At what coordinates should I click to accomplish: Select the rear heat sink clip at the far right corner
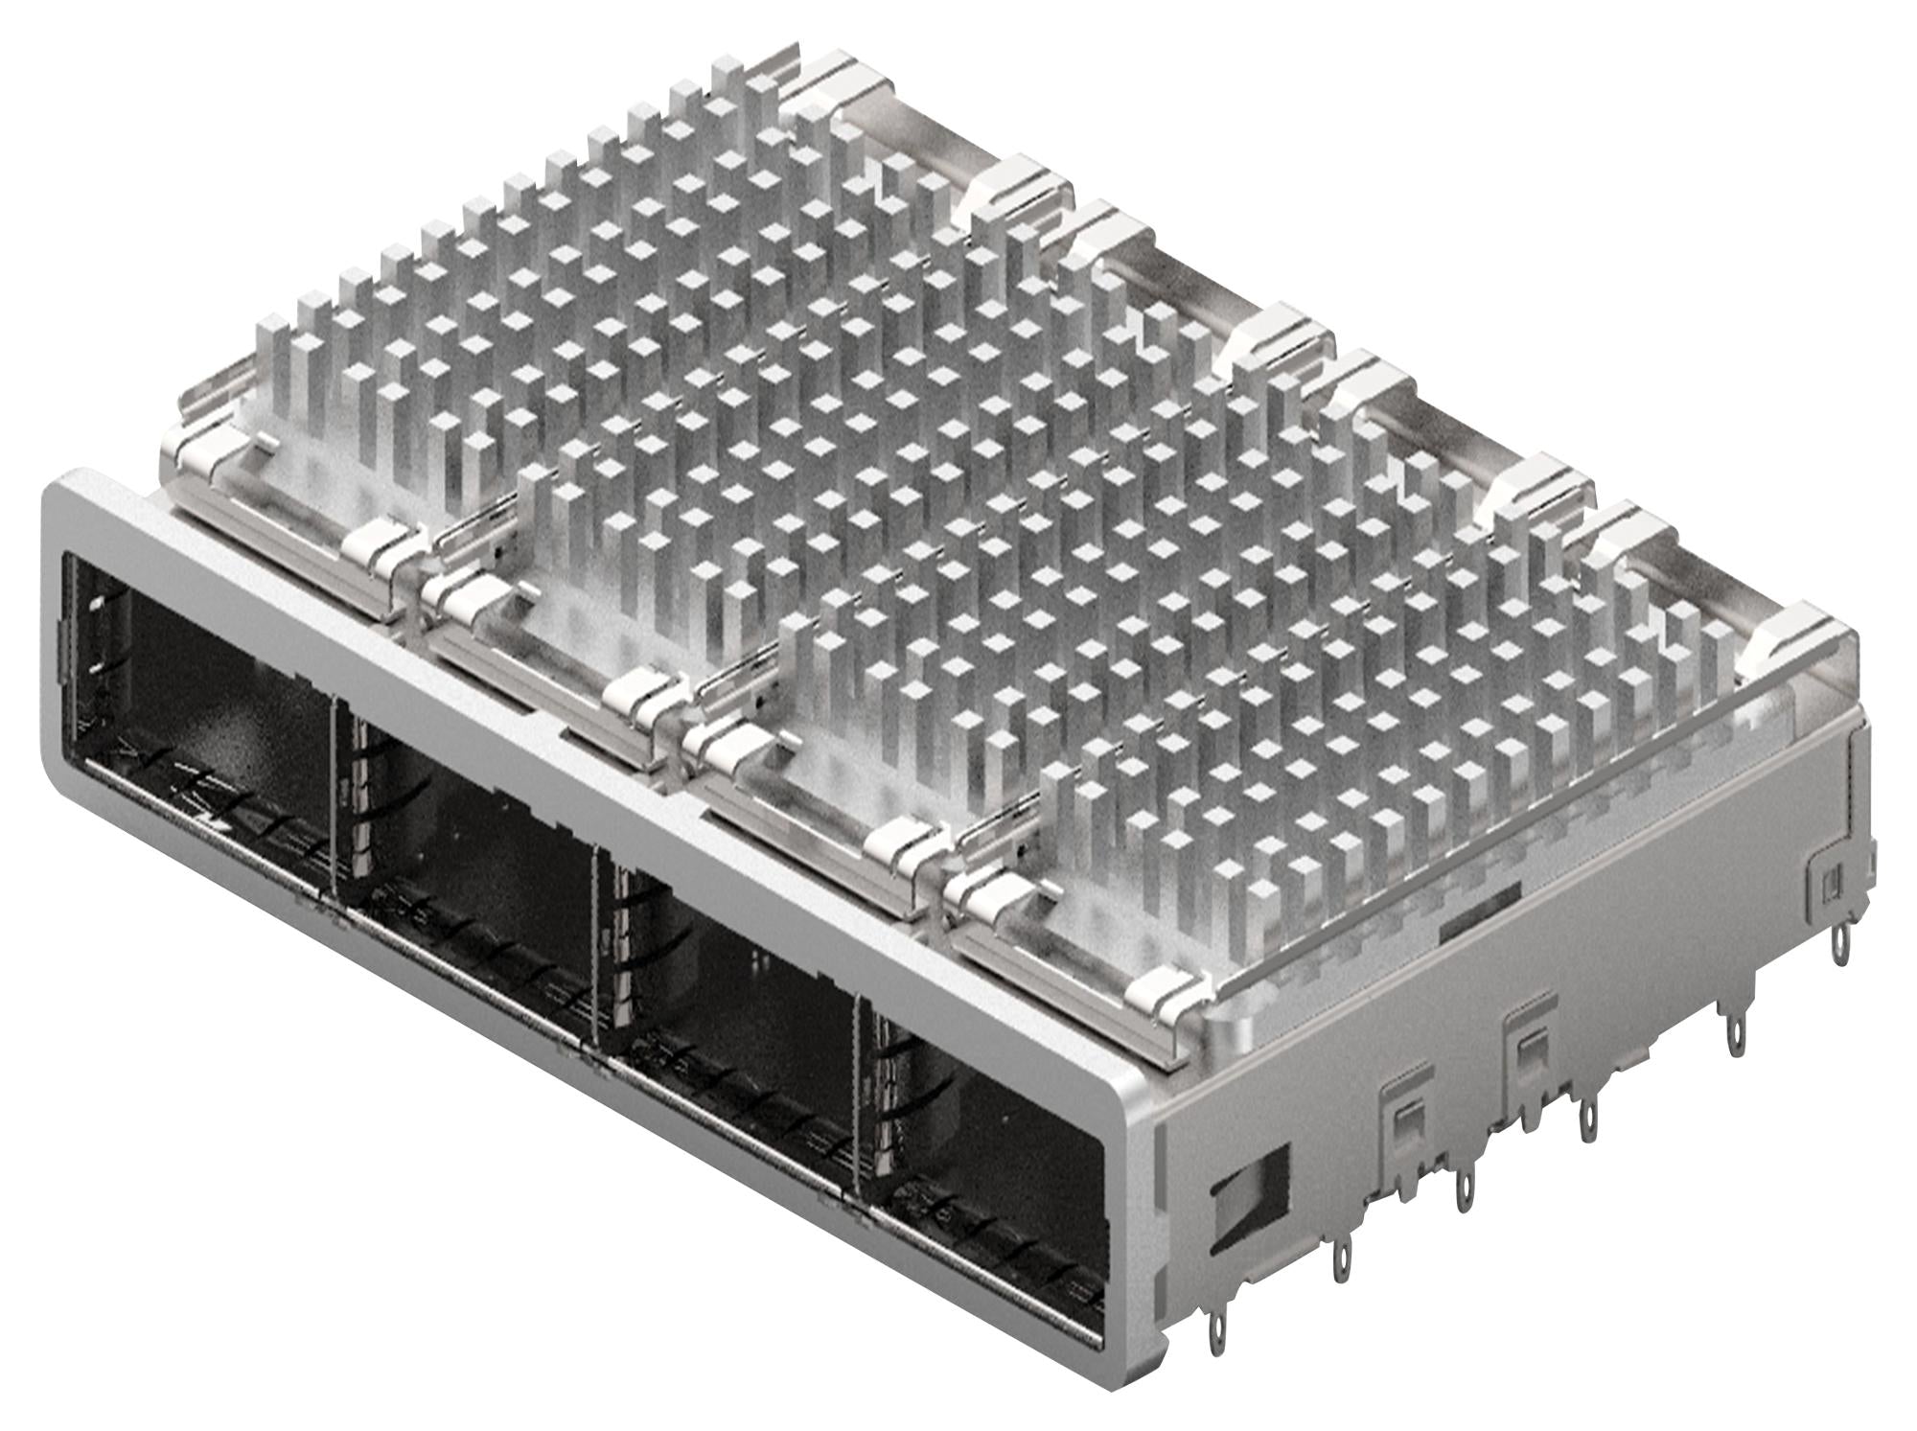pos(1792,633)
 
